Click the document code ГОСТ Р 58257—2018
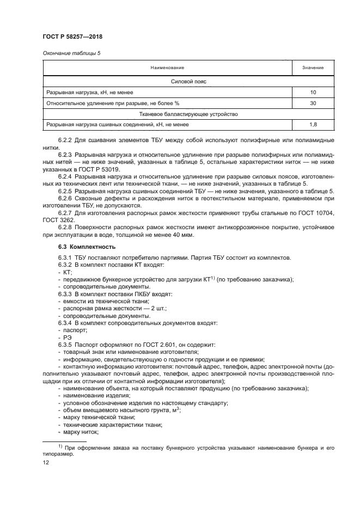pos(72,36)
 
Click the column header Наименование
pos(167,68)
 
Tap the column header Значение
pos(313,68)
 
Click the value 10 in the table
pos(313,93)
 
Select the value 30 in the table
pos(313,103)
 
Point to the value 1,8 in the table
pos(313,126)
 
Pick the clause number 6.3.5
pos(65,345)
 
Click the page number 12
pos(46,462)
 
